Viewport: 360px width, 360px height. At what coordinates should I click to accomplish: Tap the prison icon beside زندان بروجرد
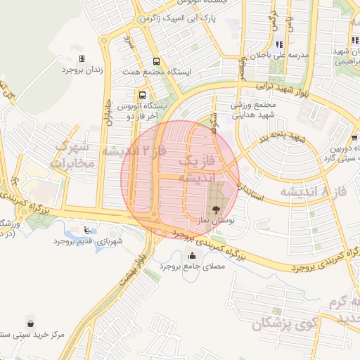click(82, 59)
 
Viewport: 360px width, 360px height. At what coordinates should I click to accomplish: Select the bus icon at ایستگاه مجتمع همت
click(155, 61)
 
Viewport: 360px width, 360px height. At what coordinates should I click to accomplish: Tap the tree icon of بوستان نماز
click(215, 209)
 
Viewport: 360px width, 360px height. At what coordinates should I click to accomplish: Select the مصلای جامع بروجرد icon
click(192, 255)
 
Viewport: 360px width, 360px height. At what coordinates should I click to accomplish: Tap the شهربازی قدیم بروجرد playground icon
click(86, 230)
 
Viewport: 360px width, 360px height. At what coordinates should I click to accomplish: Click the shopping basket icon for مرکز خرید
click(31, 323)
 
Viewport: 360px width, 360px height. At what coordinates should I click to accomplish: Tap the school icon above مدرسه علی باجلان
click(279, 44)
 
